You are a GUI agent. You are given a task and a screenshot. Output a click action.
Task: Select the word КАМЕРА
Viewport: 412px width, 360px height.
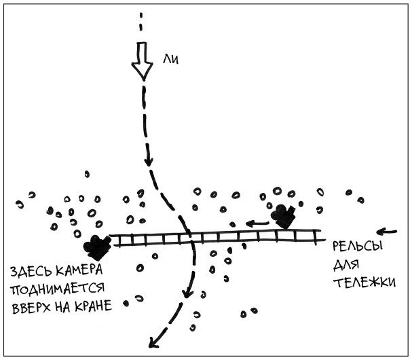[86, 272]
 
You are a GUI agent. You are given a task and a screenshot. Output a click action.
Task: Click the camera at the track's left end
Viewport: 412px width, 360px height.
[98, 246]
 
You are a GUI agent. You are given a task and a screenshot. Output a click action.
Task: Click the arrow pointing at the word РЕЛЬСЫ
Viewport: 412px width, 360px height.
[386, 230]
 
